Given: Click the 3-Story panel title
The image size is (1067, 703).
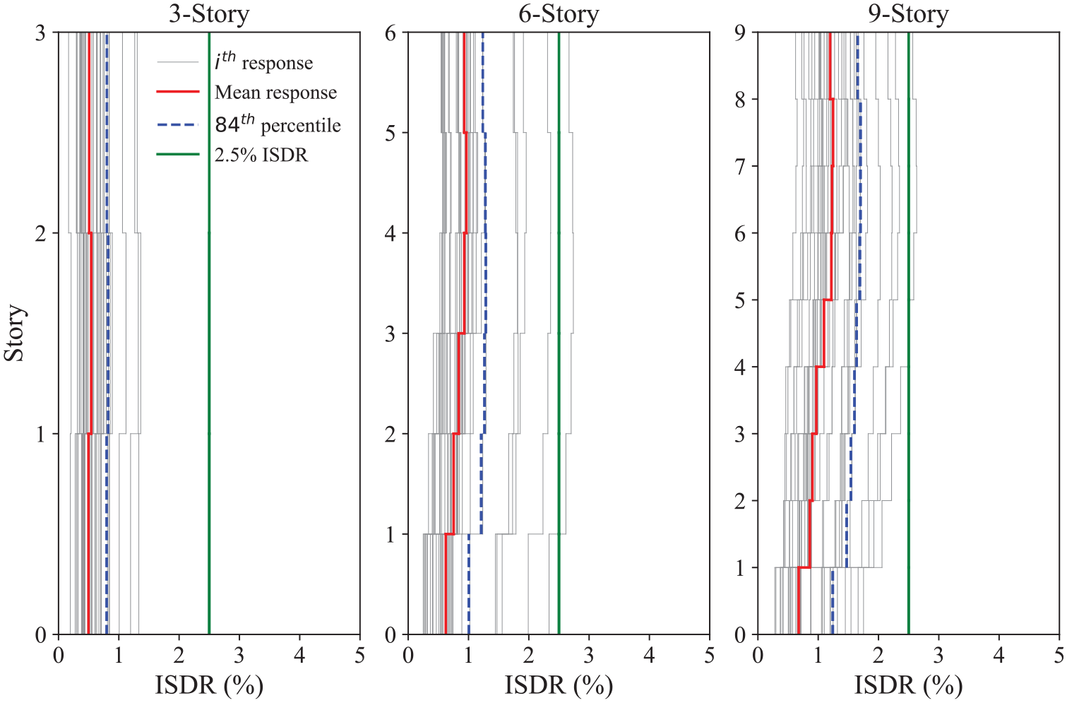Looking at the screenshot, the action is (x=209, y=14).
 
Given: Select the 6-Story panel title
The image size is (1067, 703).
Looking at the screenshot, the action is (x=559, y=14).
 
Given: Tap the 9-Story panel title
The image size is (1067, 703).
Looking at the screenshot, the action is (x=908, y=14).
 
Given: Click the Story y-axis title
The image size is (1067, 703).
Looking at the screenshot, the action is (x=13, y=333).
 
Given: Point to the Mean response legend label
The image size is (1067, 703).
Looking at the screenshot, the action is (x=275, y=92).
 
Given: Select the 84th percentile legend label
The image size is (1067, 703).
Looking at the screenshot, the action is (x=278, y=124).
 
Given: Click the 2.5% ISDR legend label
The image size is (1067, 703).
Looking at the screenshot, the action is (x=261, y=155).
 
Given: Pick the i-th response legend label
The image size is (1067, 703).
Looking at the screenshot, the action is (x=263, y=61).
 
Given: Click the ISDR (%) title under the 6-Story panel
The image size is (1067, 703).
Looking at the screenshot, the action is (x=559, y=685).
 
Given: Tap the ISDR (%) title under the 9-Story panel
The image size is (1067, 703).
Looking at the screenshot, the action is (x=908, y=685).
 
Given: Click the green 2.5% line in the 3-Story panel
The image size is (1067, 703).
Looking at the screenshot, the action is (x=209, y=333).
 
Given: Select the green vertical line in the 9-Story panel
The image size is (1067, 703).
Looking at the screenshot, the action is (x=908, y=333).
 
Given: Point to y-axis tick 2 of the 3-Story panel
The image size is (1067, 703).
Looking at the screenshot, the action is (x=41, y=234).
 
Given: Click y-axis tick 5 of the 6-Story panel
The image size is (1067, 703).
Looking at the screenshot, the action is (x=391, y=133).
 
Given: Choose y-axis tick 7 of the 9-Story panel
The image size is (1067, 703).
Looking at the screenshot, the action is (x=740, y=166).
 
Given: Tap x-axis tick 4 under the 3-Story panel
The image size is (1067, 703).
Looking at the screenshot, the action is (x=299, y=656).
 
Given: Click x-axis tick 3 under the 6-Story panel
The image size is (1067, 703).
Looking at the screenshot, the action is (x=589, y=656).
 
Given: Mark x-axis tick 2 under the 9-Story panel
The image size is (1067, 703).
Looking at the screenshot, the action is (x=878, y=656).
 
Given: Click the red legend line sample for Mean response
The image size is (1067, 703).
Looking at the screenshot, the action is (x=178, y=91).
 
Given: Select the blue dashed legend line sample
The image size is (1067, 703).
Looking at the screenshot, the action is (x=178, y=125).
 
